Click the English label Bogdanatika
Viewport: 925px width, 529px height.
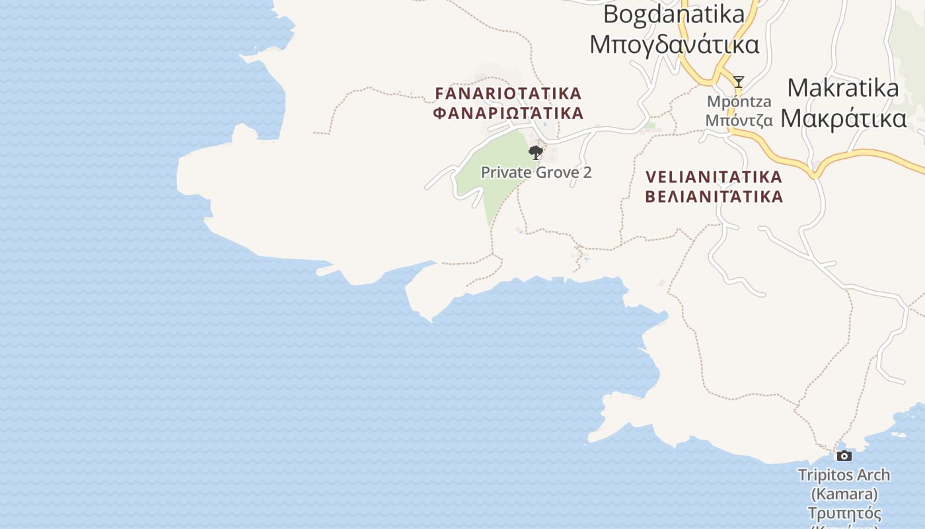click(674, 13)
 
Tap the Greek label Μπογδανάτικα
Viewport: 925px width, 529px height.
click(674, 44)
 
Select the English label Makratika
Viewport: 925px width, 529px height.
click(843, 88)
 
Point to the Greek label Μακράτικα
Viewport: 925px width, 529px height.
click(843, 118)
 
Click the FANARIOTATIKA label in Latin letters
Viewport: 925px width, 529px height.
click(508, 93)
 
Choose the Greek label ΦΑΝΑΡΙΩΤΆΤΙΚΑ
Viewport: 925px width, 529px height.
click(508, 113)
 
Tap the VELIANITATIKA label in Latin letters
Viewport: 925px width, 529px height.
click(714, 177)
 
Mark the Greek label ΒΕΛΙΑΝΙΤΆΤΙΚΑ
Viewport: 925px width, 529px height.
click(714, 197)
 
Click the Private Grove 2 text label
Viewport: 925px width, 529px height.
click(536, 173)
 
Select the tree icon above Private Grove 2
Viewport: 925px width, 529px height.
click(536, 153)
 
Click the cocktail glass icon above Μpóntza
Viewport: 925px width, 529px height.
click(739, 82)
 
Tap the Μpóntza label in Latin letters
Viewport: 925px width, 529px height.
click(739, 102)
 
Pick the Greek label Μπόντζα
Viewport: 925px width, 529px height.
click(739, 120)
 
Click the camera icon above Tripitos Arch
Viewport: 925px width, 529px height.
click(844, 456)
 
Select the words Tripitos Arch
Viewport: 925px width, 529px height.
click(844, 475)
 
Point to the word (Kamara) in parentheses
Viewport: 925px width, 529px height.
click(844, 494)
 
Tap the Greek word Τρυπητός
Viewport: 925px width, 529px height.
click(844, 513)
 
